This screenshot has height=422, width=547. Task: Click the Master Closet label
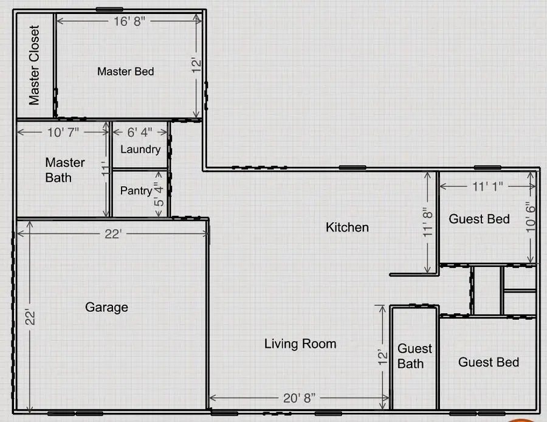click(x=34, y=65)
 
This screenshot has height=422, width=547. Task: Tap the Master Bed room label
click(x=126, y=71)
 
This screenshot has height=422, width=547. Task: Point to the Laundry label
click(x=140, y=149)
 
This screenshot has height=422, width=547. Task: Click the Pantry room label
click(x=136, y=190)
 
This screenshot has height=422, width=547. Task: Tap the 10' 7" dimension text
click(x=63, y=131)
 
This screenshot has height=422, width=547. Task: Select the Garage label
click(x=106, y=307)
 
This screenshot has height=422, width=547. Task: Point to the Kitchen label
click(x=347, y=227)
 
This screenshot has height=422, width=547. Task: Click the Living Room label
click(x=300, y=344)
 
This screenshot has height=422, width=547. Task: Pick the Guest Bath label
click(x=415, y=356)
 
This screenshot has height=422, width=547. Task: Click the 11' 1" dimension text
click(x=488, y=188)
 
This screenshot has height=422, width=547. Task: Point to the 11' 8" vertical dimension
click(x=430, y=222)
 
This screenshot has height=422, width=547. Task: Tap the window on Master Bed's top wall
click(x=110, y=9)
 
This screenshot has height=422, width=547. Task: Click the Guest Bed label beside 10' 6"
click(x=479, y=219)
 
